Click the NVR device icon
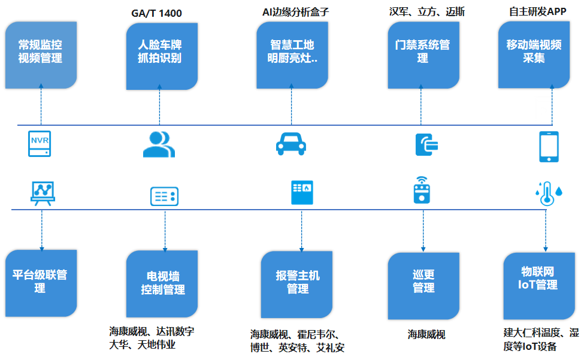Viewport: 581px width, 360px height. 40,143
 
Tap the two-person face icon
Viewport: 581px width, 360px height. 159,144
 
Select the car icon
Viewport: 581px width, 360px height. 290,143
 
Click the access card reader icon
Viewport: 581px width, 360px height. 426,144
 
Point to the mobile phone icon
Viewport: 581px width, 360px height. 549,146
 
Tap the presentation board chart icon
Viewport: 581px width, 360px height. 43,193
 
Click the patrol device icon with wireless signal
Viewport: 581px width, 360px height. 423,190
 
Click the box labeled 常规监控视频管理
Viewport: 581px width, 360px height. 41,55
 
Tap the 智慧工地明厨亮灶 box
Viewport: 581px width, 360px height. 292,55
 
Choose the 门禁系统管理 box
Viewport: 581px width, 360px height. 423,53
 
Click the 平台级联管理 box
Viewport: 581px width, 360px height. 41,283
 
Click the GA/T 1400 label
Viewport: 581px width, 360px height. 156,13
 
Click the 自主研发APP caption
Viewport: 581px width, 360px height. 537,11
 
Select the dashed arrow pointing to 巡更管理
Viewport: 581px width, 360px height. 423,230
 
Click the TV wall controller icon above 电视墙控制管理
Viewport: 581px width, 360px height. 164,196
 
